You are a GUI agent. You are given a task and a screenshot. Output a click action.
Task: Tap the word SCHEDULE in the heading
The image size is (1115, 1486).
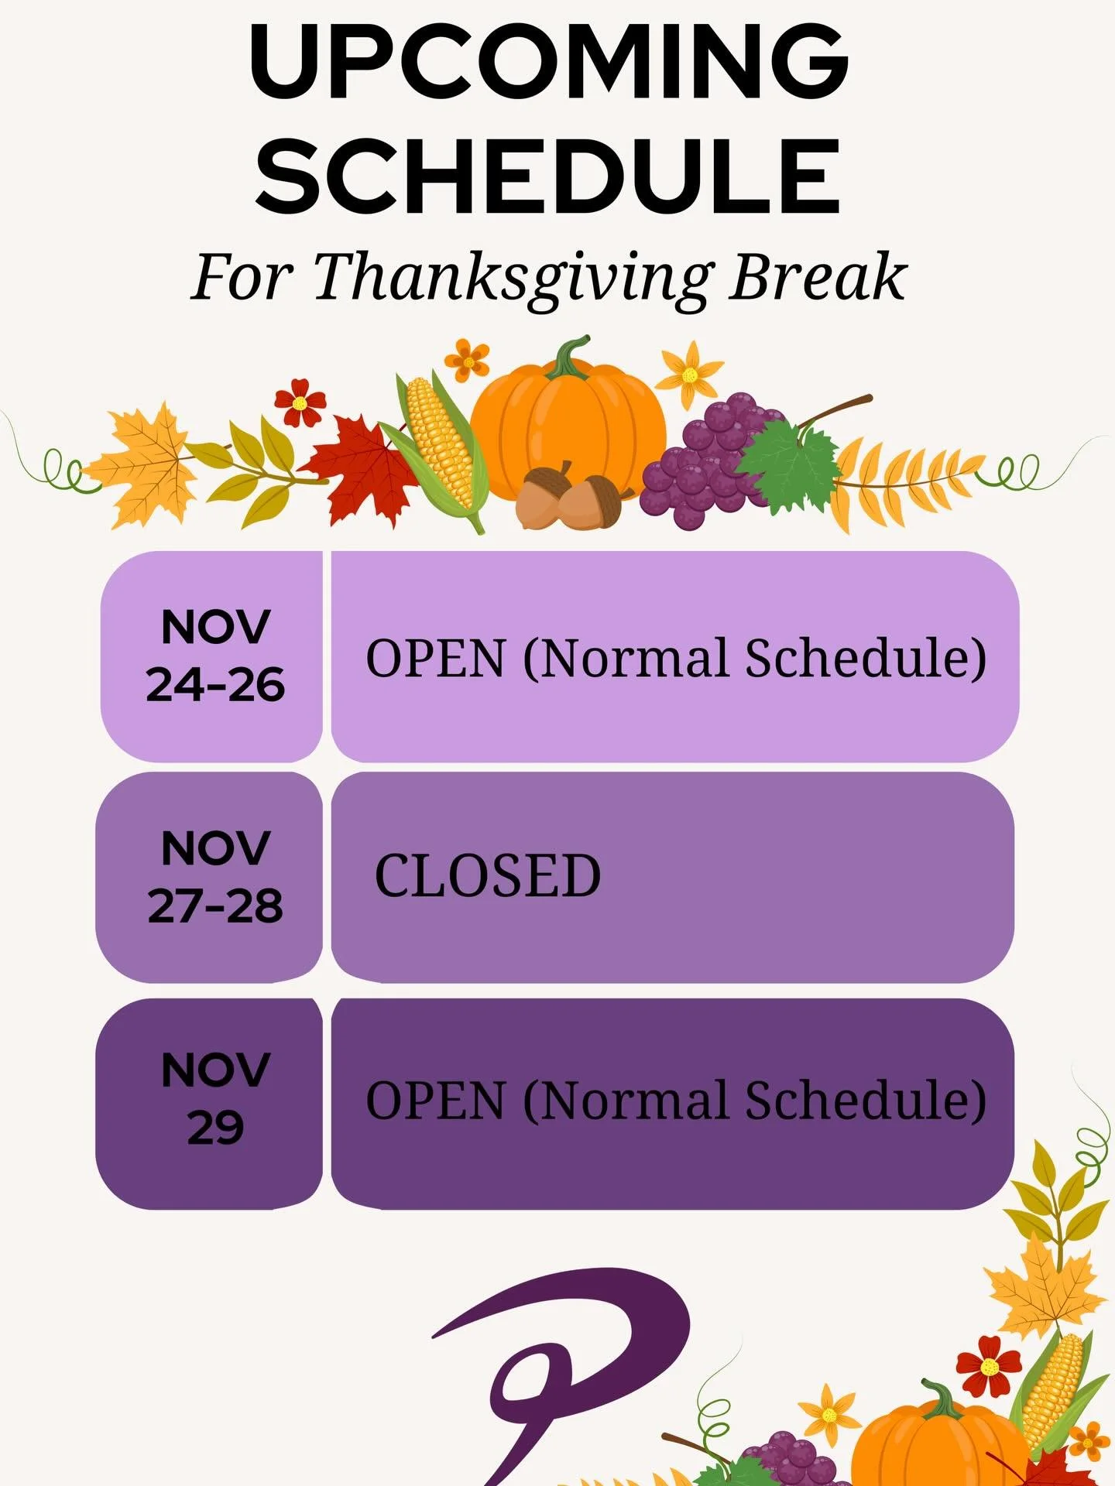point(548,176)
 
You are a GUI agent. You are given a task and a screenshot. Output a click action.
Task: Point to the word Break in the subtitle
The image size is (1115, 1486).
point(818,277)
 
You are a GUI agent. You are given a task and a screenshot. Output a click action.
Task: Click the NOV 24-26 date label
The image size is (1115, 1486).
point(215,656)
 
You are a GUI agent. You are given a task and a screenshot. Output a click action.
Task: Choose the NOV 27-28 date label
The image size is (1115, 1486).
point(215,877)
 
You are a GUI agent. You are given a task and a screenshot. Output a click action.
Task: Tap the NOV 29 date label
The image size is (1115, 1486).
point(215,1099)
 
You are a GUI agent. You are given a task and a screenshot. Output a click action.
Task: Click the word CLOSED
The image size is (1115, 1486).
point(488,877)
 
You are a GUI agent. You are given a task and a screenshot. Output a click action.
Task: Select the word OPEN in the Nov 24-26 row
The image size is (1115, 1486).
point(435,659)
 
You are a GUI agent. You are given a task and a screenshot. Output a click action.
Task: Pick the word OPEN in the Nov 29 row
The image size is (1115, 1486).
point(435,1101)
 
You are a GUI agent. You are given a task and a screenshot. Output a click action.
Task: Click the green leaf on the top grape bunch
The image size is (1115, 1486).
point(788,464)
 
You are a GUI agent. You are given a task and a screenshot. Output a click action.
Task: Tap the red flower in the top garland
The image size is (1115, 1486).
point(300,402)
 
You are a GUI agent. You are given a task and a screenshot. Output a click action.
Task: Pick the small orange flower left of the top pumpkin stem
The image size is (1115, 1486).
point(467,360)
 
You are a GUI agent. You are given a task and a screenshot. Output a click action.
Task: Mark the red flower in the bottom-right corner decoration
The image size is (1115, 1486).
point(989,1364)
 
